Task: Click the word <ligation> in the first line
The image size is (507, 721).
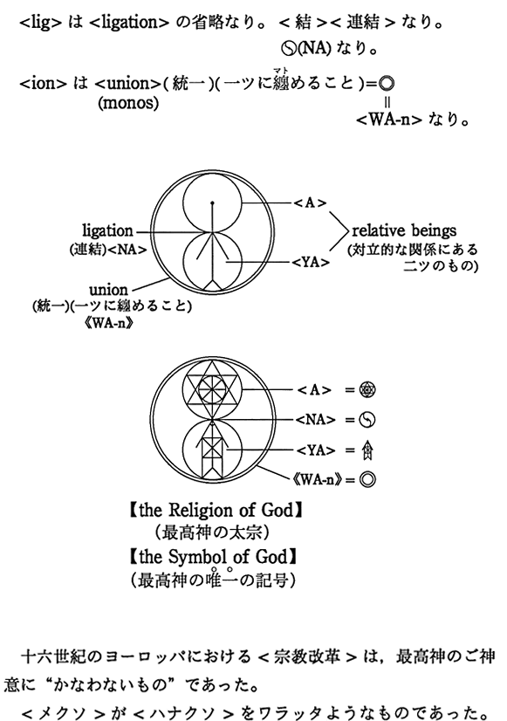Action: (x=129, y=23)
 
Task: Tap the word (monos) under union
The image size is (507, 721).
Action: (x=128, y=102)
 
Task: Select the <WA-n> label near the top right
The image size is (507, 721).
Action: (x=389, y=120)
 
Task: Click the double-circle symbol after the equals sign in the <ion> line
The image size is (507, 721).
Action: (x=387, y=83)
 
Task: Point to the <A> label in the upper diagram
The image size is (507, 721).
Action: (x=311, y=203)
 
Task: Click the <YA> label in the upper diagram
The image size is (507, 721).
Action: (x=312, y=263)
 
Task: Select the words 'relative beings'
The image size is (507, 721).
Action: (x=404, y=230)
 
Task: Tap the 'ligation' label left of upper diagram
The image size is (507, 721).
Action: (x=107, y=230)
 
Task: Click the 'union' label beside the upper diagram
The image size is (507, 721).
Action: (x=108, y=290)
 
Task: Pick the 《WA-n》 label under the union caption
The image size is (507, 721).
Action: (x=113, y=322)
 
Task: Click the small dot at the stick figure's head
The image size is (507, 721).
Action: (x=212, y=203)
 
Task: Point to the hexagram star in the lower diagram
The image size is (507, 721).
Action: (x=212, y=388)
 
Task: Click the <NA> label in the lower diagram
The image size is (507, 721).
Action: (x=315, y=420)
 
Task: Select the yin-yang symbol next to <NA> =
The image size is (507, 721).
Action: (x=367, y=420)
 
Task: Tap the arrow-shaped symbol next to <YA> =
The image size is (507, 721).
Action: (x=367, y=450)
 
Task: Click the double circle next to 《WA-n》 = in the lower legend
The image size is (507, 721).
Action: (x=367, y=479)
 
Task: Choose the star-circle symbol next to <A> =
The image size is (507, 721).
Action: (x=367, y=390)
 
